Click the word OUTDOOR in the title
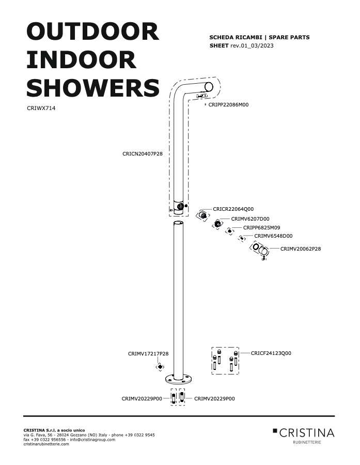coord(93,32)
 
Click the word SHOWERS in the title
coord(93,88)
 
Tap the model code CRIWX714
coord(41,109)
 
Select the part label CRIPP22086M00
coord(228,105)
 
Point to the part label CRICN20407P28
coord(143,154)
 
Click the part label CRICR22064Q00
coord(233,209)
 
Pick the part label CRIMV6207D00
coord(251,219)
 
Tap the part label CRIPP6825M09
coord(261,228)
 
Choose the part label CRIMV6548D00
coord(273,236)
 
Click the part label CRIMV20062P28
coord(301,249)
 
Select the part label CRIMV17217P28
coord(148,354)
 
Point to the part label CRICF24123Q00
coord(271,353)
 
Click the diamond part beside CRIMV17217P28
coord(160,367)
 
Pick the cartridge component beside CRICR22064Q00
coord(202,215)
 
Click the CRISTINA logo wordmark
coord(307,433)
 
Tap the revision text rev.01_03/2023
coord(252,45)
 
